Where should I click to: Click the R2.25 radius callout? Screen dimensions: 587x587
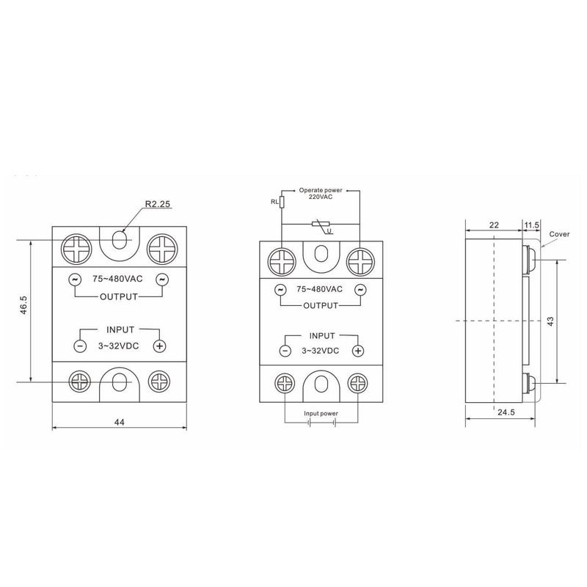(x=158, y=204)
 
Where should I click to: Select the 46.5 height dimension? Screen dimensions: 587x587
(x=23, y=305)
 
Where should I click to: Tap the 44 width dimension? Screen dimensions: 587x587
(x=119, y=422)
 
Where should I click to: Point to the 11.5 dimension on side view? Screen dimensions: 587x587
(x=531, y=225)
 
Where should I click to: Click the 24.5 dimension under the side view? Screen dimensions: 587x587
(x=506, y=412)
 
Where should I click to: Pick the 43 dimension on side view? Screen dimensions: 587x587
(x=550, y=321)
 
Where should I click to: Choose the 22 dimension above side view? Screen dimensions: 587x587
(x=494, y=225)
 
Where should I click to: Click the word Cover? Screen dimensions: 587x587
(x=559, y=234)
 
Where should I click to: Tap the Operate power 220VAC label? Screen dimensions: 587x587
(x=321, y=194)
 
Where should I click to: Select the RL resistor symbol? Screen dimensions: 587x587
(x=282, y=202)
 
